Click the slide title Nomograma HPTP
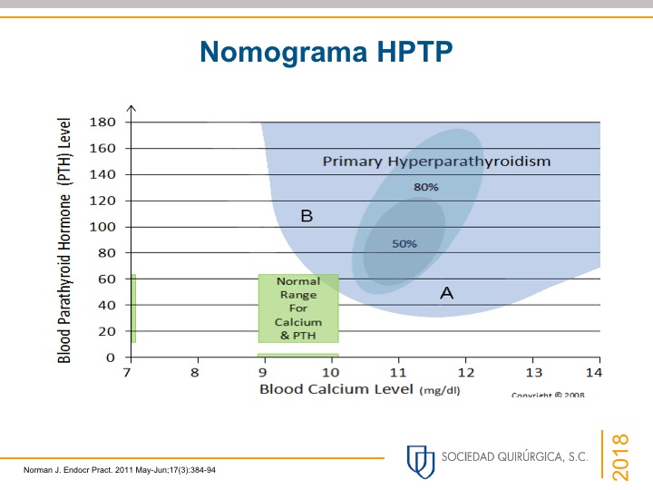(326, 53)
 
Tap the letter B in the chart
(307, 216)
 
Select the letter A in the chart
(446, 292)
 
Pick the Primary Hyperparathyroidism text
(437, 162)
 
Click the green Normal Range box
(298, 308)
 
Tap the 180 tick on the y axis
(102, 122)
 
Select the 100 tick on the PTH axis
(102, 227)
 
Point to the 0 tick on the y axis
(111, 358)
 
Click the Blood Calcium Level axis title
(337, 389)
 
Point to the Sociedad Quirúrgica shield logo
(420, 459)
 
